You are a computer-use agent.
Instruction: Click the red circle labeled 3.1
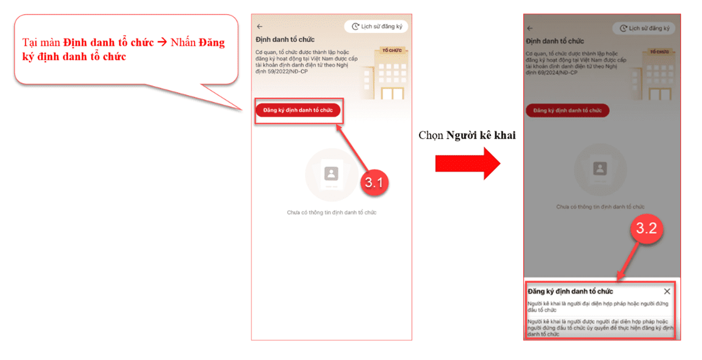point(374,182)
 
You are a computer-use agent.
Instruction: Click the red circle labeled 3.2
point(646,228)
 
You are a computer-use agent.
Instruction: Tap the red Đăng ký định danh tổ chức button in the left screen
point(298,110)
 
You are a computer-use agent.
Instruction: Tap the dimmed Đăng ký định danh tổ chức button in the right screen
point(567,110)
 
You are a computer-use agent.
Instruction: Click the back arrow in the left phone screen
point(259,27)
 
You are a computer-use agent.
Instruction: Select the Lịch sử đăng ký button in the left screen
point(376,27)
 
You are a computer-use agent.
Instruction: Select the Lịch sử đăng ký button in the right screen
point(644,28)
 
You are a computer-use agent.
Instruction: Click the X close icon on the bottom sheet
point(667,291)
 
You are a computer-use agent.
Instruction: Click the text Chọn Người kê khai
point(467,135)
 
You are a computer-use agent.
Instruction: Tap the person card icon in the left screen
point(331,173)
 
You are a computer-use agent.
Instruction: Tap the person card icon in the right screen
point(600,169)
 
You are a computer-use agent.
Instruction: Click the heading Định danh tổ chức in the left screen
point(285,40)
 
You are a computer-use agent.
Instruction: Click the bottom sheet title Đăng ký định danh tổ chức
point(570,291)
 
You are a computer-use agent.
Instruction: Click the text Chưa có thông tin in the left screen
point(331,212)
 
